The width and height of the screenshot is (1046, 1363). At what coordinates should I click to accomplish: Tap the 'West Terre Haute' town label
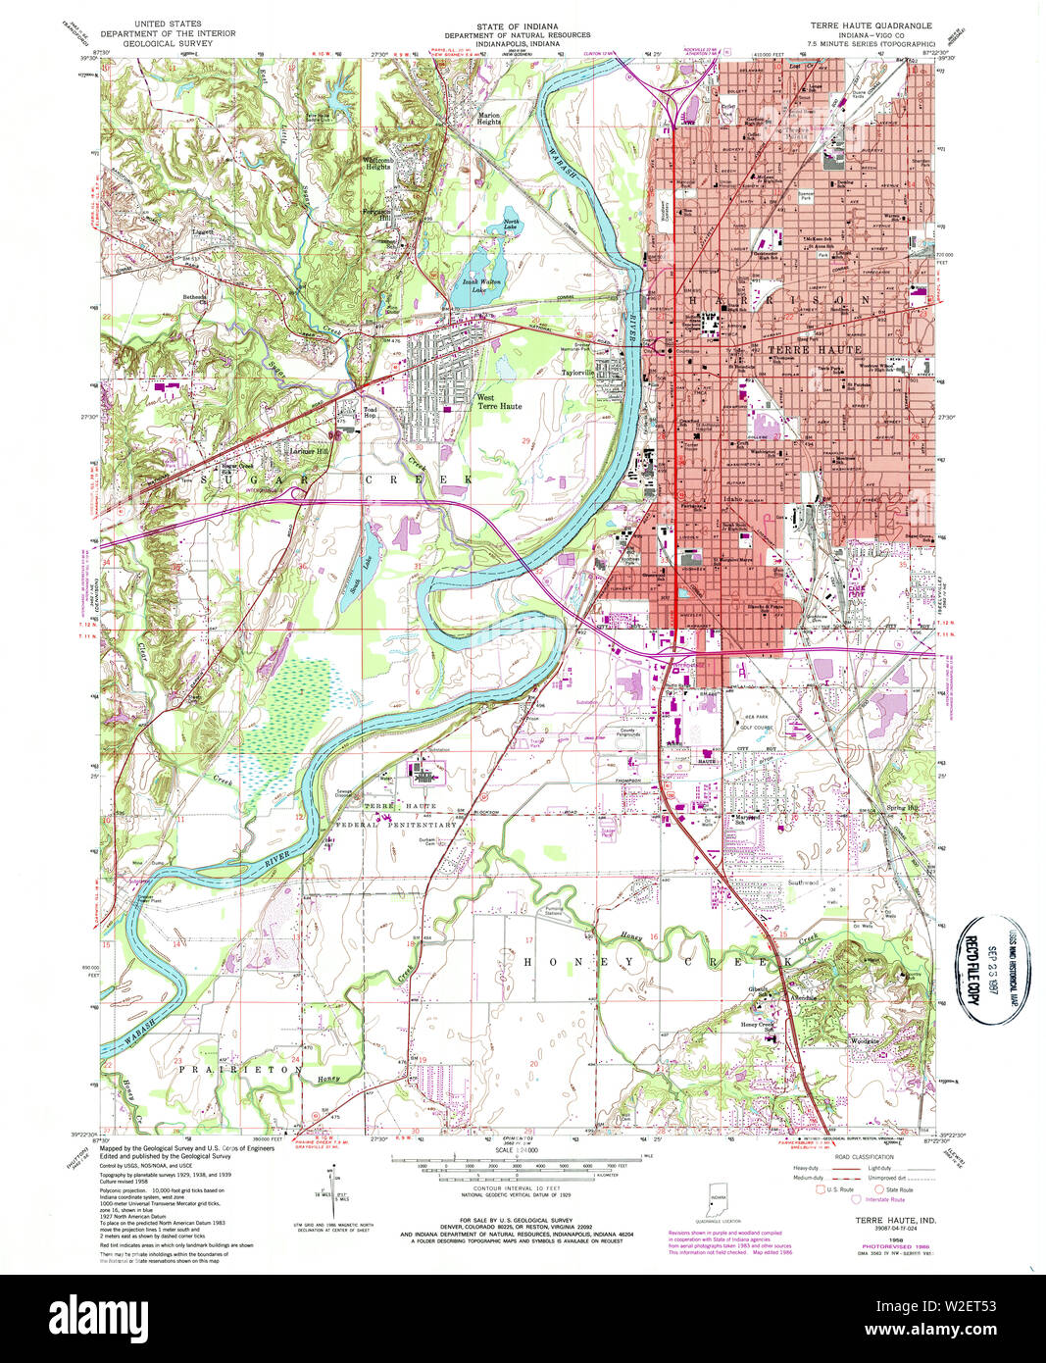[x=499, y=402]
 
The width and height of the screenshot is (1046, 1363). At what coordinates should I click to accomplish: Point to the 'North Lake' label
[x=511, y=225]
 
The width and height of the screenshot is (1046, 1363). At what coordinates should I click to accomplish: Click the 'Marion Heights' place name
[x=489, y=118]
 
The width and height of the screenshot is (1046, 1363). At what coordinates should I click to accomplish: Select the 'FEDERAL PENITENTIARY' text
[x=411, y=825]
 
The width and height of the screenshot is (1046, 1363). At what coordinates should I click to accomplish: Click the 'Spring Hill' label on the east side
[x=902, y=808]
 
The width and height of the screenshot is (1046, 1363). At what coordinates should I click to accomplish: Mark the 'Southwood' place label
[x=803, y=883]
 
